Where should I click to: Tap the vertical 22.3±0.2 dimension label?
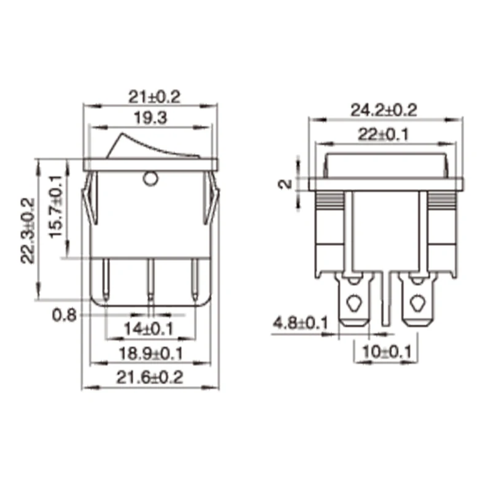28,230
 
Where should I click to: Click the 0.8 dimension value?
64,315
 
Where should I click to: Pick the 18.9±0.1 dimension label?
150,354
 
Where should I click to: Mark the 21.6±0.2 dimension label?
150,377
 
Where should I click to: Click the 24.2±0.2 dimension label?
384,110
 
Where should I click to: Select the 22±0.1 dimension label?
384,134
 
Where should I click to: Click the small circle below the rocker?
149,179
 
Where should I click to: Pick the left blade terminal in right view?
354,301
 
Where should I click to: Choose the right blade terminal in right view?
416,301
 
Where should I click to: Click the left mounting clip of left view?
89,199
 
